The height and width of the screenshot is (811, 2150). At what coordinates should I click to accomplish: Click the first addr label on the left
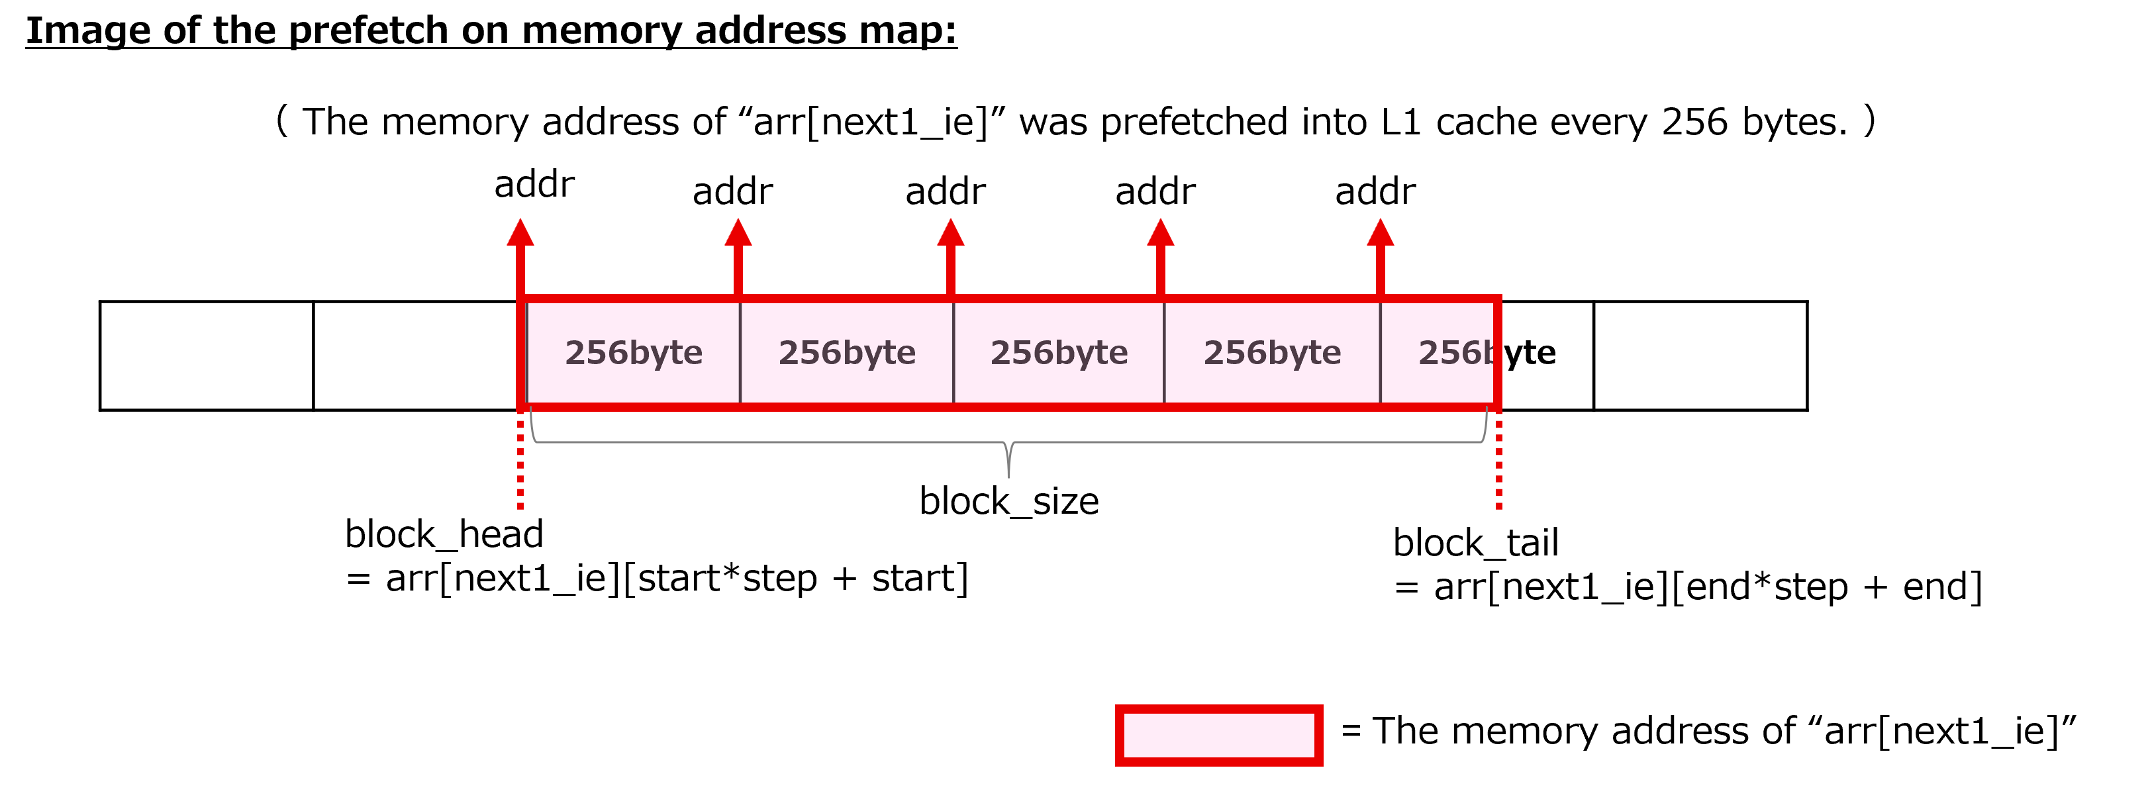pos(534,185)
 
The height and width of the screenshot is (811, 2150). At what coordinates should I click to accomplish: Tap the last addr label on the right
pos(1375,191)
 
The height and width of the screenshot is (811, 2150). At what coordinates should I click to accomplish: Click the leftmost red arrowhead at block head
pos(520,232)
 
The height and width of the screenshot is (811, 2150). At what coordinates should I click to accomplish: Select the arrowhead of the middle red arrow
pos(951,232)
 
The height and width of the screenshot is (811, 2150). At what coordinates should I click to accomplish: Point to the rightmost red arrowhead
pos(1381,232)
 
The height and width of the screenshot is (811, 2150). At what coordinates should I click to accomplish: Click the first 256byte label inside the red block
pos(634,353)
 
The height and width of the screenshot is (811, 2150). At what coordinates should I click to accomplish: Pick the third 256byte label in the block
pos(1059,353)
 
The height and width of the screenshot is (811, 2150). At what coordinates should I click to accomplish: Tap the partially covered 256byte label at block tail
pos(1487,353)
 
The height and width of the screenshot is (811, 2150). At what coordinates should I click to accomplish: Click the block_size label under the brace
pos(1009,501)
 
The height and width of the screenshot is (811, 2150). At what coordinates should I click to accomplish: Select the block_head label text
pos(444,534)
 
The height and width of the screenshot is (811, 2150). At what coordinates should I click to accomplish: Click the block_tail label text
pos(1476,543)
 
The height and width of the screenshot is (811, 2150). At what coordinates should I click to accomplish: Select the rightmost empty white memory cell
pos(1700,356)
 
